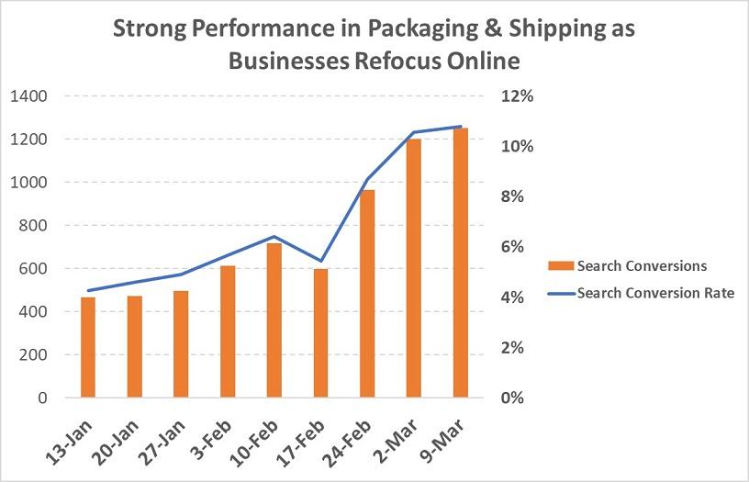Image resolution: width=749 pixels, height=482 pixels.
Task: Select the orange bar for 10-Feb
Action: tap(274, 320)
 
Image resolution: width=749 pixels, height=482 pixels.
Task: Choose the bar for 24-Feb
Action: tap(367, 294)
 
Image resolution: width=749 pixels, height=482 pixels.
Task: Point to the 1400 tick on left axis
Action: tap(30, 95)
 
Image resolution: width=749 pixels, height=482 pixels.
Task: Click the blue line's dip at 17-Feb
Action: tap(320, 261)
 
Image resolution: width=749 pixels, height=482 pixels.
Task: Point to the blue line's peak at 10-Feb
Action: tap(274, 237)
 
